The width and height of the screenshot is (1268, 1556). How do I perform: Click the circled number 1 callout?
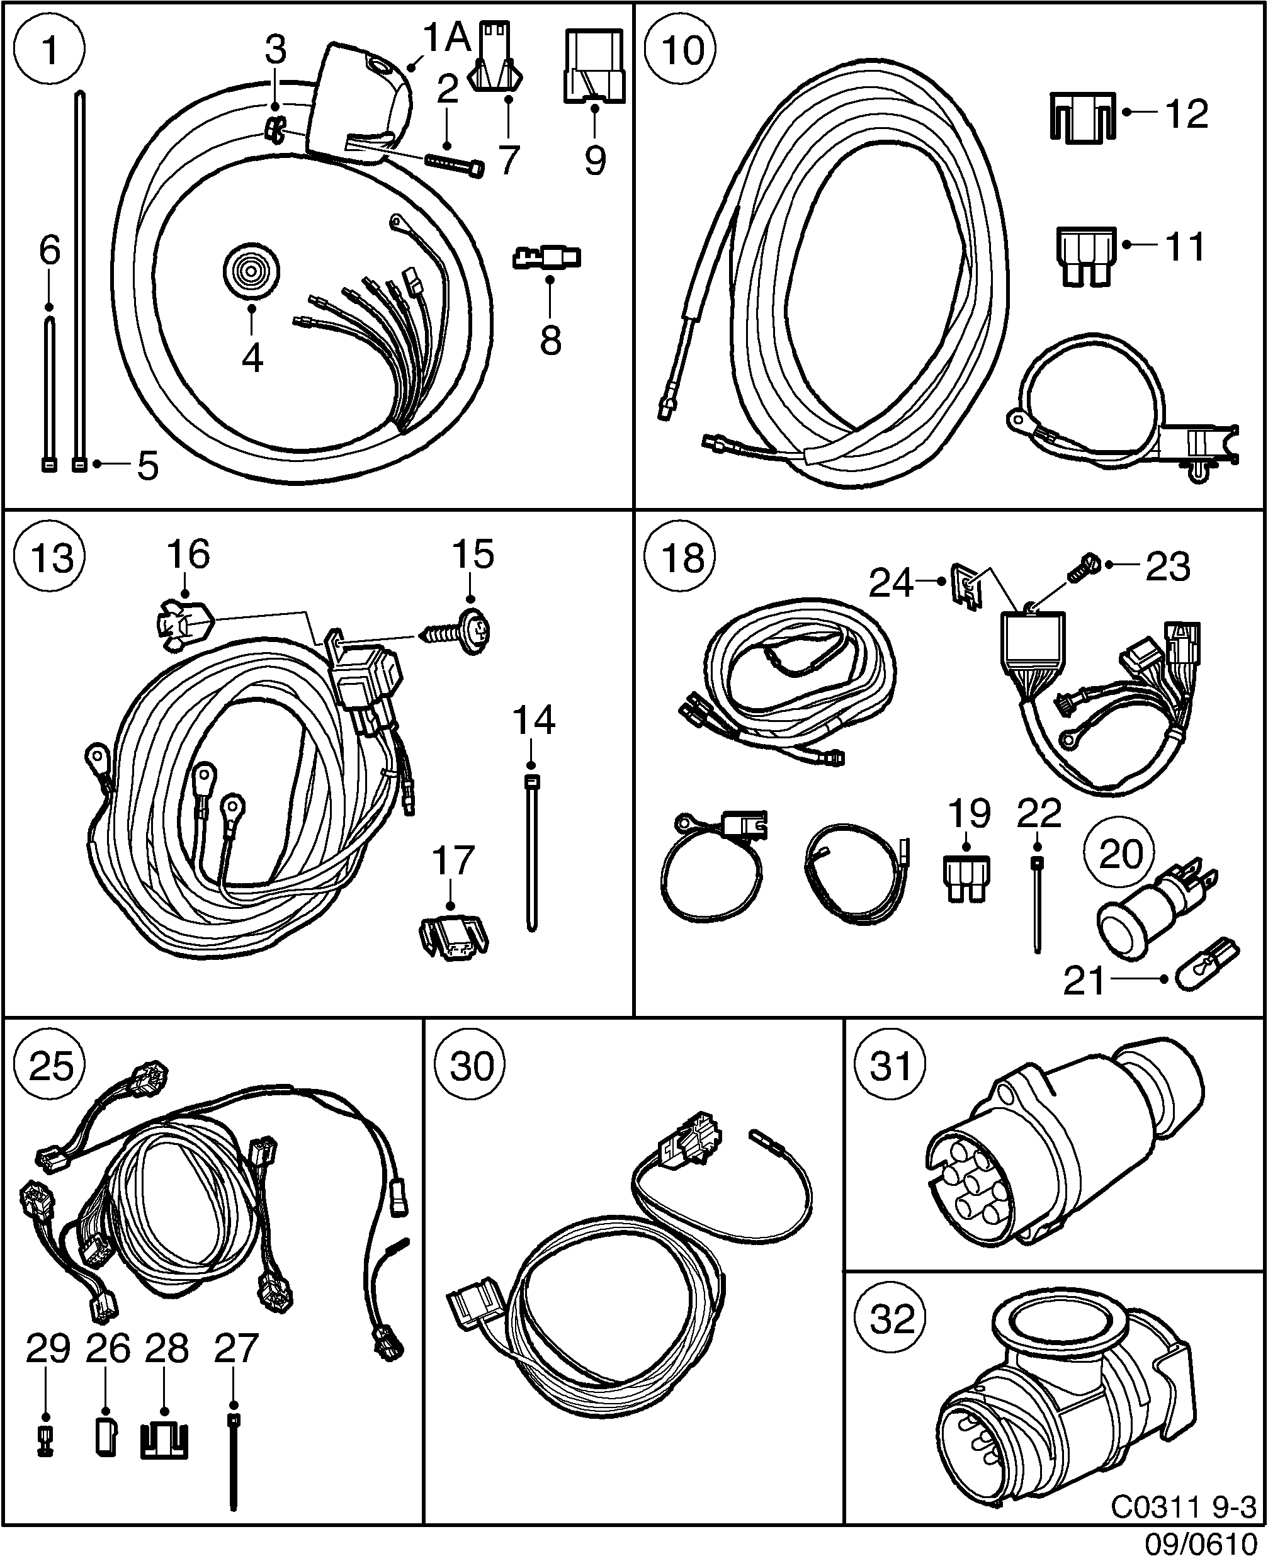[x=49, y=50]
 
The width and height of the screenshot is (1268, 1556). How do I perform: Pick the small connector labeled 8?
[x=548, y=257]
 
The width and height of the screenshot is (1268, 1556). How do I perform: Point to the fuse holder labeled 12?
[x=1083, y=117]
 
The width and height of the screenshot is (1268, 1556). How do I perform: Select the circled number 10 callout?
[x=681, y=50]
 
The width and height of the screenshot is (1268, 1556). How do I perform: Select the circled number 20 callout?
[x=1119, y=852]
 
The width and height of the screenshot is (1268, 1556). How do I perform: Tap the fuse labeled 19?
[x=966, y=879]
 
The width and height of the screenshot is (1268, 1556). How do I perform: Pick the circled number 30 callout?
[x=471, y=1066]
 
